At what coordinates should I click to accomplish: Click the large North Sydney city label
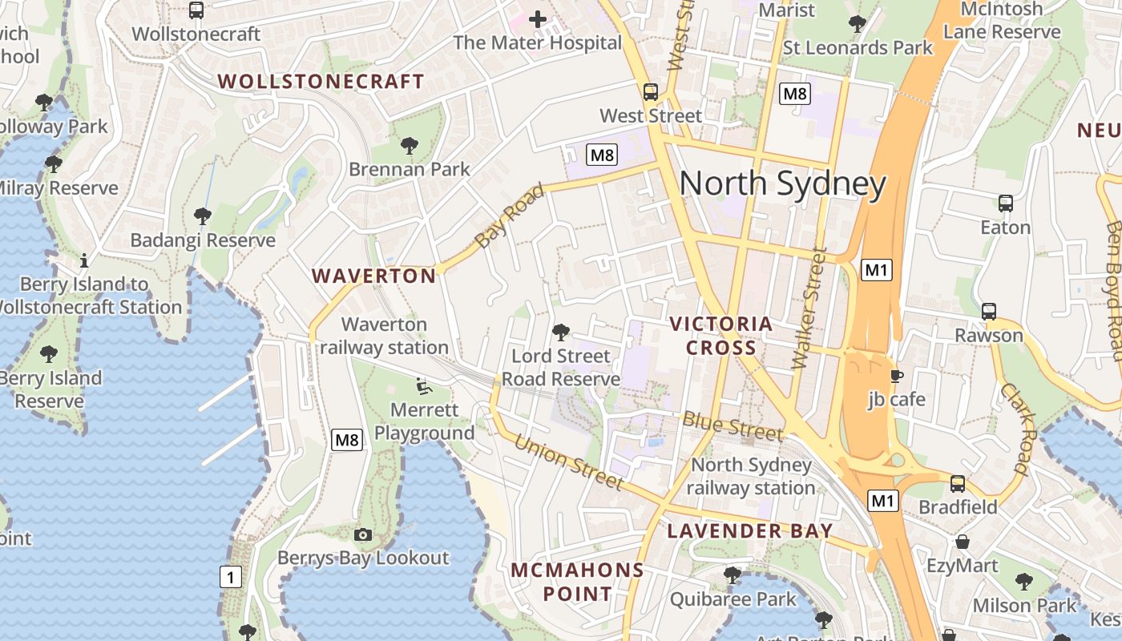[782, 184]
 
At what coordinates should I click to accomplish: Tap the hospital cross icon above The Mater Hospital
[537, 19]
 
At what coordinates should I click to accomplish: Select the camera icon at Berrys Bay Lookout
[363, 534]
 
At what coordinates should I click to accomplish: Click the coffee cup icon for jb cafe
[896, 375]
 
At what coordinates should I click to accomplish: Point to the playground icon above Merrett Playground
[424, 386]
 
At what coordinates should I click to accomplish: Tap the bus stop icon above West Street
[650, 91]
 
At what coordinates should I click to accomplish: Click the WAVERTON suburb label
[373, 276]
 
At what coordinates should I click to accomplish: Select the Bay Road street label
[509, 216]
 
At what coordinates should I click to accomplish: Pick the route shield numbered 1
[231, 576]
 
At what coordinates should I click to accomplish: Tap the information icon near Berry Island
[84, 260]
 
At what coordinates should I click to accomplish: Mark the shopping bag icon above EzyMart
[962, 542]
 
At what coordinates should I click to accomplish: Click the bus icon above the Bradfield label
[958, 483]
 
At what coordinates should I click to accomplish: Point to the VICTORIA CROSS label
[720, 336]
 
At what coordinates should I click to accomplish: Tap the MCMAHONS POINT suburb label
[577, 582]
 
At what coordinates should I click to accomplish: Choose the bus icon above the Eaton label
[1006, 204]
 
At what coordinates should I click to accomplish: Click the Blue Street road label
[733, 427]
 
